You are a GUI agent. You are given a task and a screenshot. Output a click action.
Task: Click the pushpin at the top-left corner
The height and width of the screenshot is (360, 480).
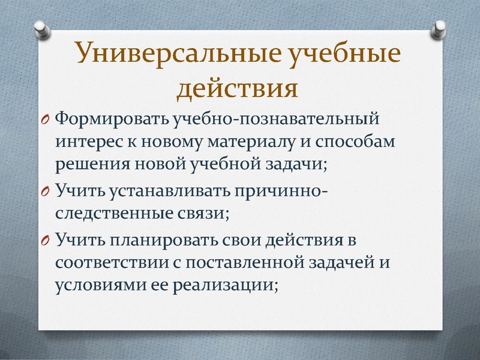[41, 28]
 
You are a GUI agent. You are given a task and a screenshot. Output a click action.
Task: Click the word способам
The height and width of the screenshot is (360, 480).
[382, 143]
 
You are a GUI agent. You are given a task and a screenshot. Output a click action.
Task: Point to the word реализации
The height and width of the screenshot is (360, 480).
[226, 286]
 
